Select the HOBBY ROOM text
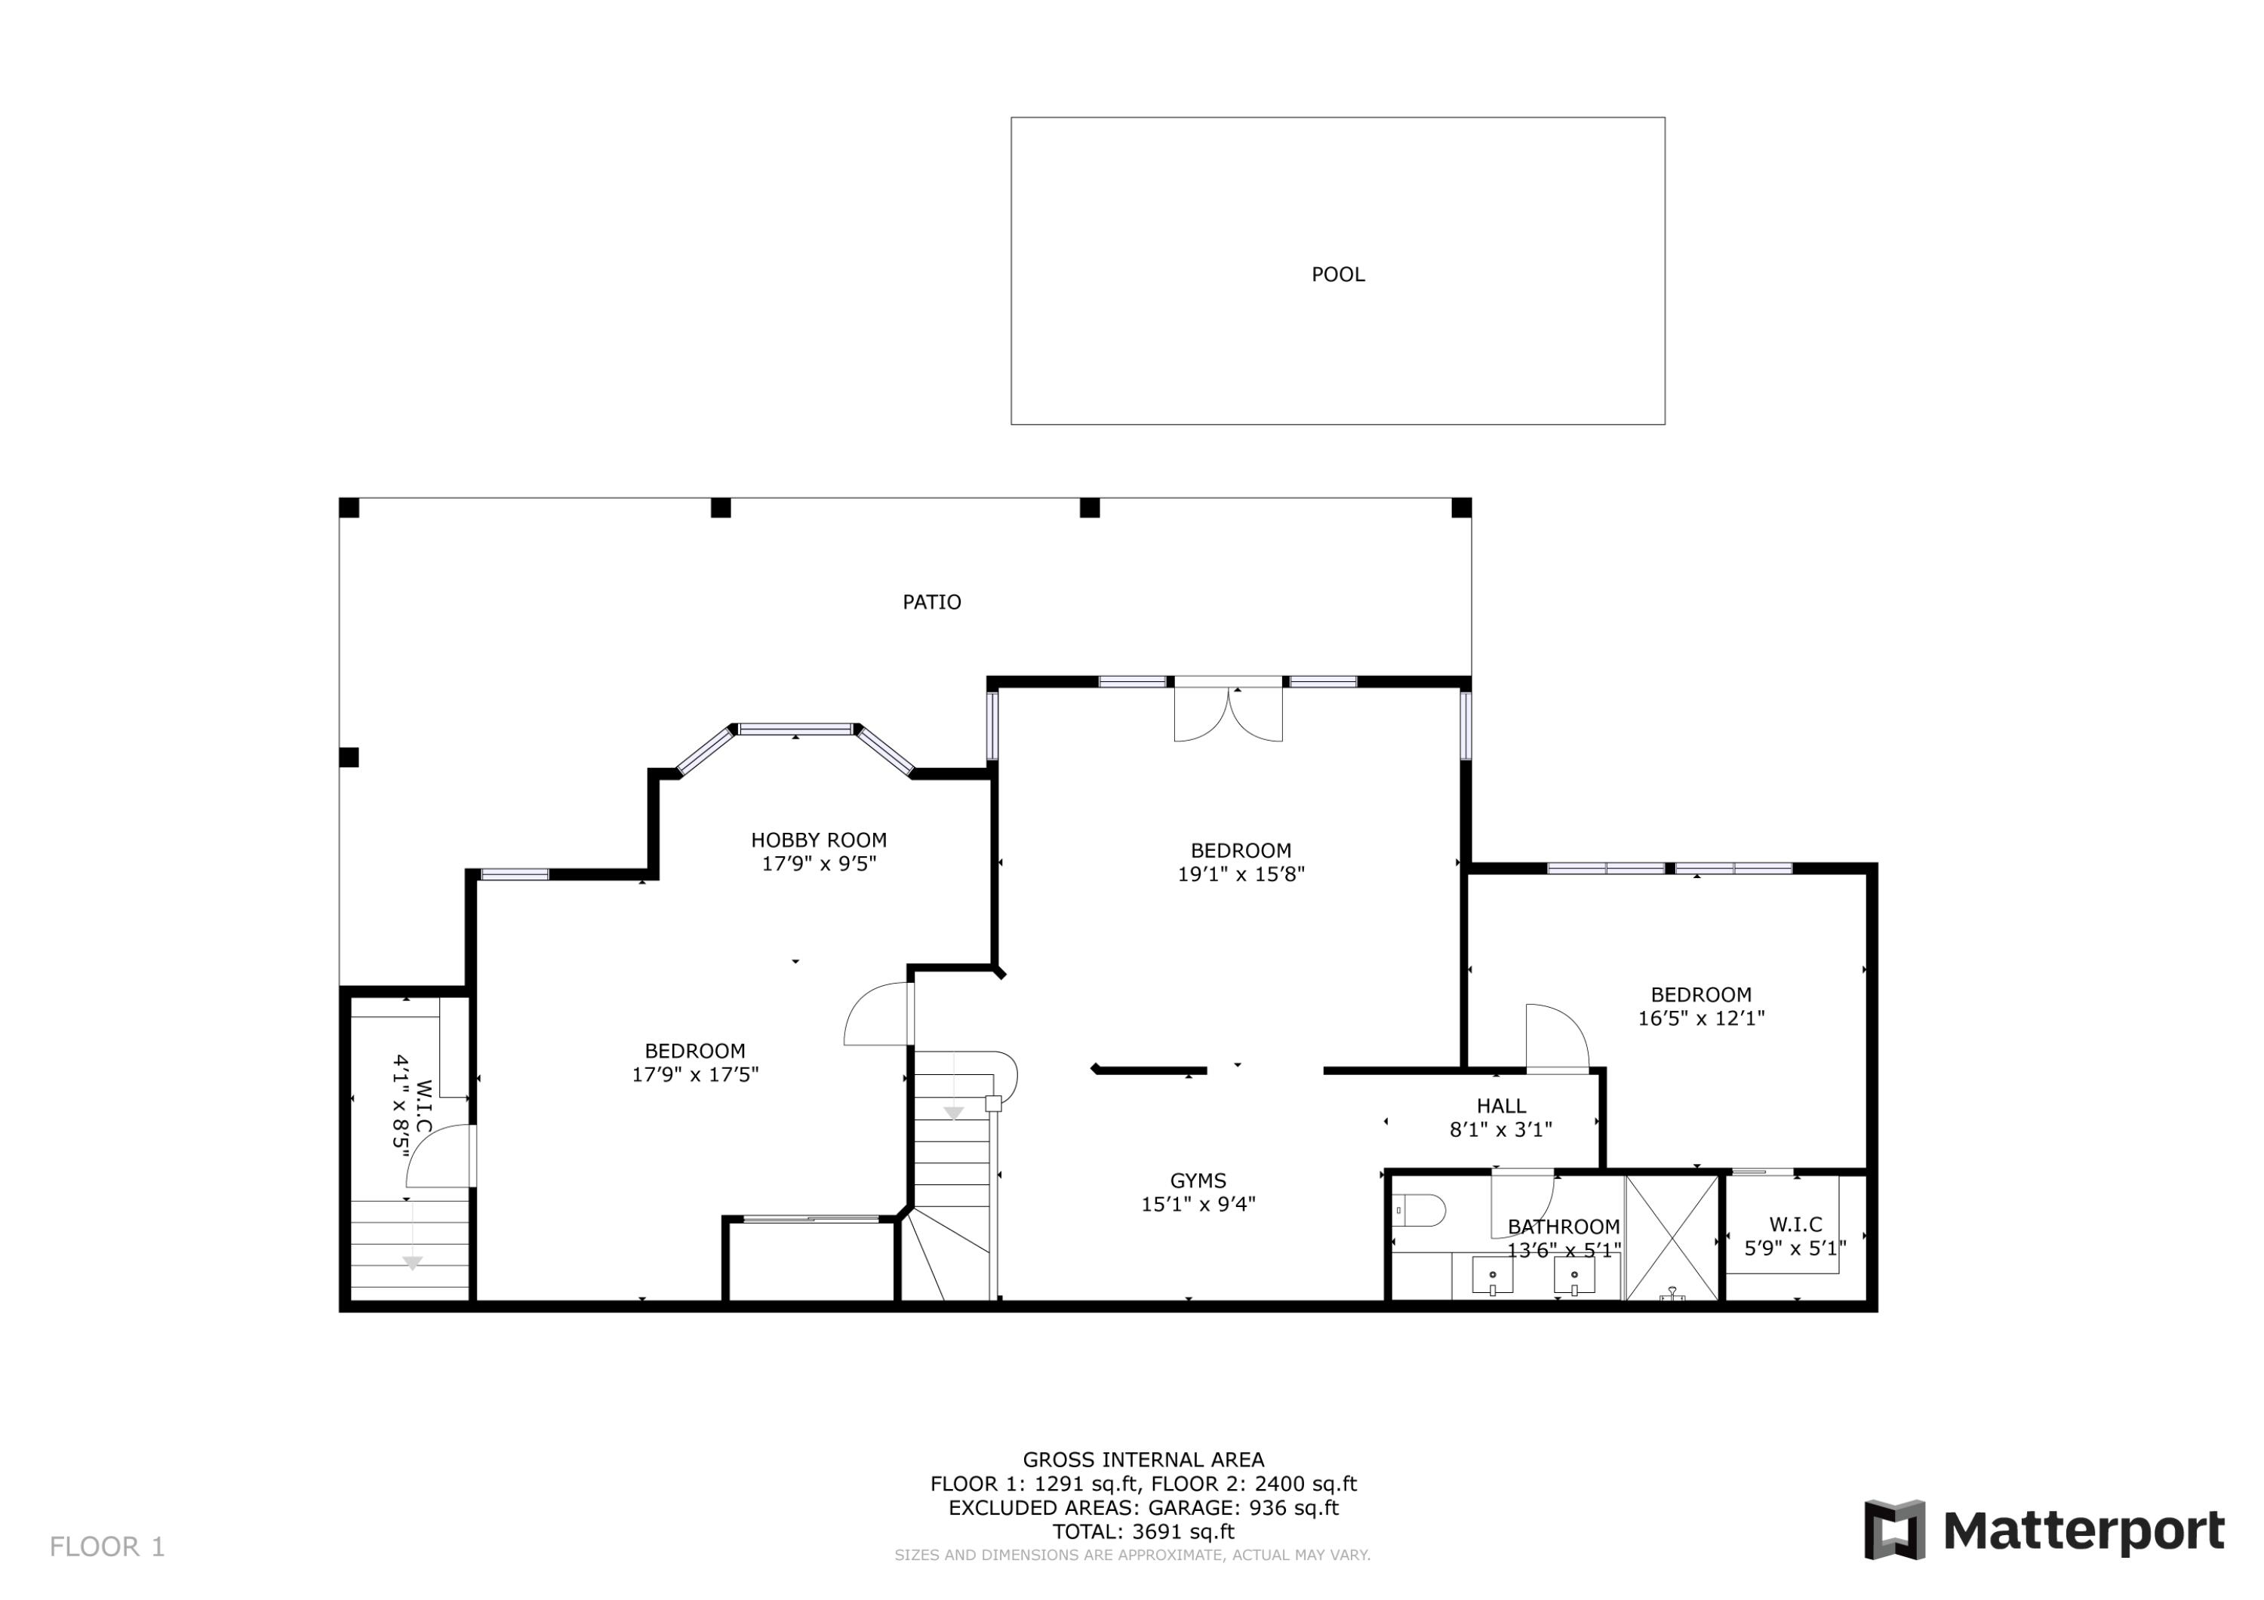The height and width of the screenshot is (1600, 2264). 818,840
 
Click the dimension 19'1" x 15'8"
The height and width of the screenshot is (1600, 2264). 1241,874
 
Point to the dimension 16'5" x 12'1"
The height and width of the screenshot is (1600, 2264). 1701,1018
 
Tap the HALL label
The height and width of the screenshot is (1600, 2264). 1501,1106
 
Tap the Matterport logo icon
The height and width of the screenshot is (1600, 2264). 1893,1530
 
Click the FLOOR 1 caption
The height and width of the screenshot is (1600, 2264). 107,1546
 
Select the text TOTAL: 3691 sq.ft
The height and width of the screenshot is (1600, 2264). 1143,1532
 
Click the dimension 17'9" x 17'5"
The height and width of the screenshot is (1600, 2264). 695,1074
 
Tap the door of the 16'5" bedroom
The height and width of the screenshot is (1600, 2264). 1555,1038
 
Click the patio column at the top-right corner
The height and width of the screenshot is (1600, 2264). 1460,508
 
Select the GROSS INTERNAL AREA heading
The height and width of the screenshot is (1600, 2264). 1143,1460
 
